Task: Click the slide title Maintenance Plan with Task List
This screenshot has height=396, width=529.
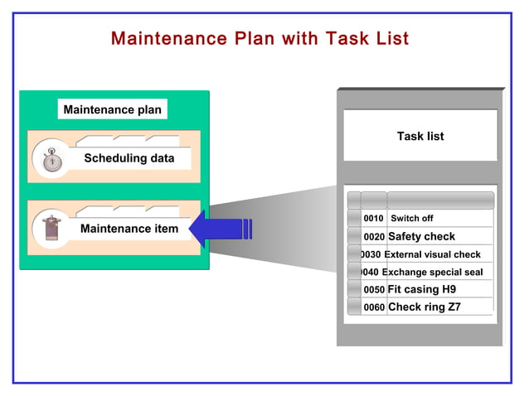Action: (260, 39)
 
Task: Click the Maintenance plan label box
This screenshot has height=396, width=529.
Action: (113, 109)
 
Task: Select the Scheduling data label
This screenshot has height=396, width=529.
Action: (129, 157)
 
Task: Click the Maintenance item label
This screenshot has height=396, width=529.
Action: (129, 228)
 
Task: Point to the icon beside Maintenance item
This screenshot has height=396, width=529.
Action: (52, 228)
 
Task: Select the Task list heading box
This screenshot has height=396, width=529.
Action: (420, 136)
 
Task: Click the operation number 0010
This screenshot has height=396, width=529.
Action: (373, 219)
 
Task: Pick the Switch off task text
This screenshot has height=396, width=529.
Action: (411, 219)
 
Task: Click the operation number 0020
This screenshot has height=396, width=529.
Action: (374, 237)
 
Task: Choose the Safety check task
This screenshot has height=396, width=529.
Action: (421, 237)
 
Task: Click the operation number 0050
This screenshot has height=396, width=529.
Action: (374, 290)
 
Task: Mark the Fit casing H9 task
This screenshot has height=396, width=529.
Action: (421, 290)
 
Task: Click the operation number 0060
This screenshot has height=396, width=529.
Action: (374, 307)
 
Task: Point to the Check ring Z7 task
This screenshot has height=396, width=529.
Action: (424, 307)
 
